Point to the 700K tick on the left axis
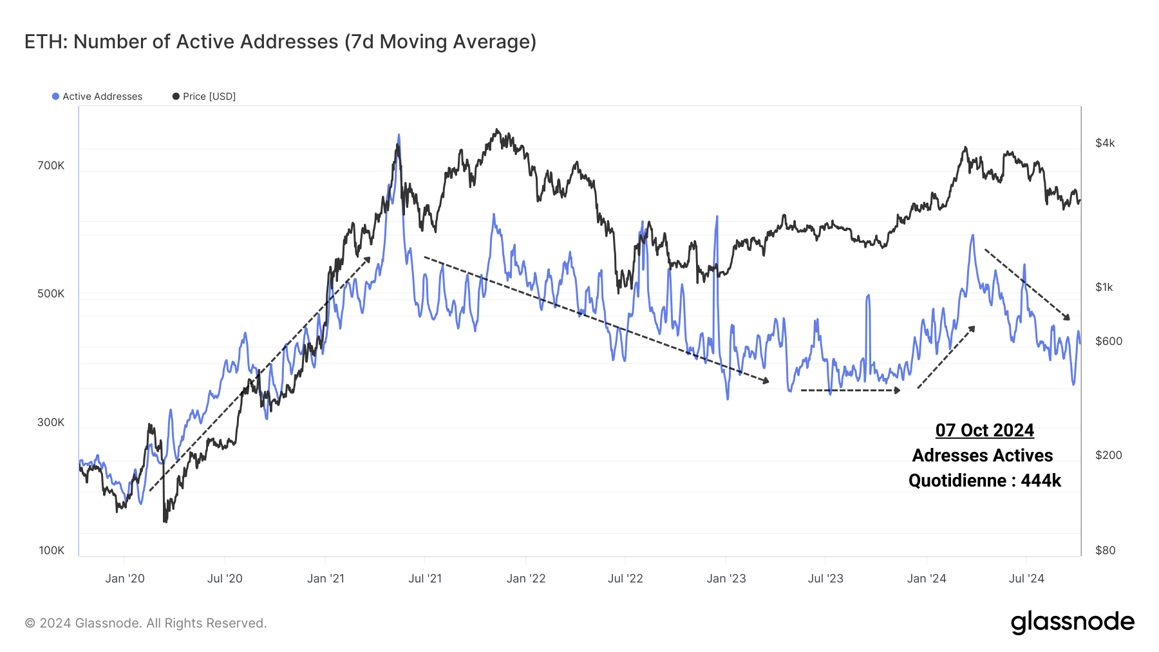[51, 165]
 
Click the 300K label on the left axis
[51, 422]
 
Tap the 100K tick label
[52, 550]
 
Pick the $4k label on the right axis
[1105, 143]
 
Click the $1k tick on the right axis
[1104, 287]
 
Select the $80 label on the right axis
[1105, 550]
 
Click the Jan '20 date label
[125, 579]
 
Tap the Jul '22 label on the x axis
[625, 579]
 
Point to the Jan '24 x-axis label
[927, 579]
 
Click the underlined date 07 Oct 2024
[985, 430]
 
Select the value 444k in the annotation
[1041, 481]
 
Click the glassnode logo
[1072, 622]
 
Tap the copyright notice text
[146, 623]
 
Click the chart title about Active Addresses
[280, 42]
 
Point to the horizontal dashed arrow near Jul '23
[850, 390]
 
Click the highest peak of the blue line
[399, 136]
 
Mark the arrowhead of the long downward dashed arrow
[766, 382]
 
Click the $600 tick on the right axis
[1108, 341]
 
